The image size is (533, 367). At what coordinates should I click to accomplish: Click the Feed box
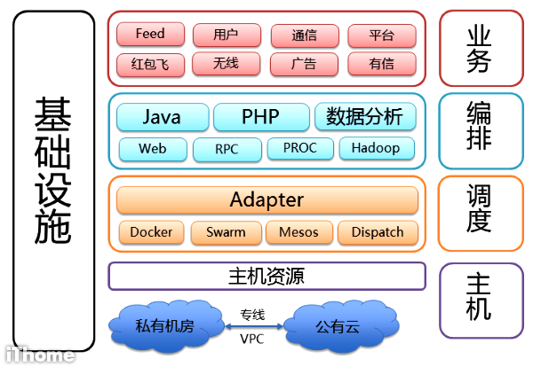[150, 35]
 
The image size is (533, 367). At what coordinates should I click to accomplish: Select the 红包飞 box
[150, 64]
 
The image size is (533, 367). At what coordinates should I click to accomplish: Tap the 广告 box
[304, 64]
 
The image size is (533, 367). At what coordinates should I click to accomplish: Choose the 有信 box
[381, 64]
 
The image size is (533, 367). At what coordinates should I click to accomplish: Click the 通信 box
[304, 35]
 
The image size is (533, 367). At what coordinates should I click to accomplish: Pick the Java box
[163, 117]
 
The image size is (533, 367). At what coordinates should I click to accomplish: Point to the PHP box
[260, 117]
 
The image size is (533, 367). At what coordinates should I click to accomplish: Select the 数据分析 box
[365, 117]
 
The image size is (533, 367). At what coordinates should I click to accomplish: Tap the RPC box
[227, 149]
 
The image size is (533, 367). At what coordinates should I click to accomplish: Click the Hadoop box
[376, 148]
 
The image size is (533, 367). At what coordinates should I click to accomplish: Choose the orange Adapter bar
[267, 199]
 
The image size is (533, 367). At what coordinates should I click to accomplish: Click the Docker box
[151, 232]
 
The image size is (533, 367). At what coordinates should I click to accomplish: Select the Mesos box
[298, 232]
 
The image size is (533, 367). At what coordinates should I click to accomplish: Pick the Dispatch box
[378, 232]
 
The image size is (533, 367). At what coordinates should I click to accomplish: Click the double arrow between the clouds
[251, 327]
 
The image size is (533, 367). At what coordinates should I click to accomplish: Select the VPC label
[251, 340]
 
